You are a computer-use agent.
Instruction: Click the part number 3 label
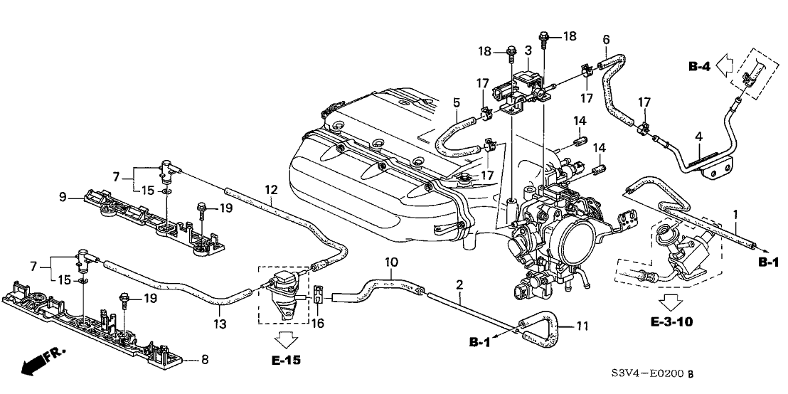tap(528, 50)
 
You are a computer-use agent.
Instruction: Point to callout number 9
tap(63, 197)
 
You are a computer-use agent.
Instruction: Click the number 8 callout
tap(205, 361)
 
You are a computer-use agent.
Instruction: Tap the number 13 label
tap(222, 324)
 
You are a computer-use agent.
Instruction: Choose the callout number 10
tap(391, 262)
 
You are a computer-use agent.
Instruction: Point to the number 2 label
tap(459, 284)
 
